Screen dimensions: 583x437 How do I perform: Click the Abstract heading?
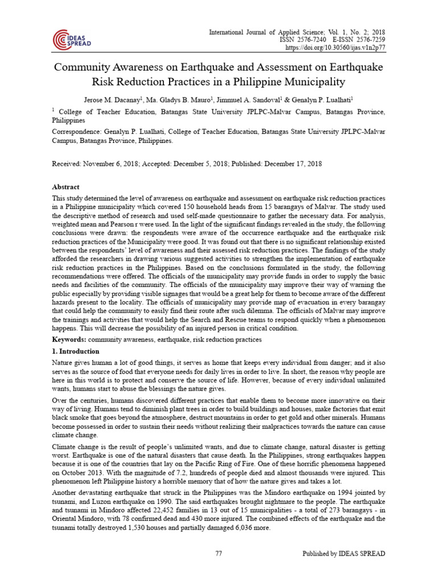(x=66, y=187)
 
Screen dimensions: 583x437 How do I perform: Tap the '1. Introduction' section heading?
(x=76, y=351)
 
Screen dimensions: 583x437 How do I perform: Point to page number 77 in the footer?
(x=218, y=553)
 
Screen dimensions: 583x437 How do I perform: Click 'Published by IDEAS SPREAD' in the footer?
(x=343, y=553)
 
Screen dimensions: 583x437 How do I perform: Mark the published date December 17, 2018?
(x=290, y=163)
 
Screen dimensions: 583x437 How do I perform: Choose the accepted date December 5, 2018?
(x=197, y=163)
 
